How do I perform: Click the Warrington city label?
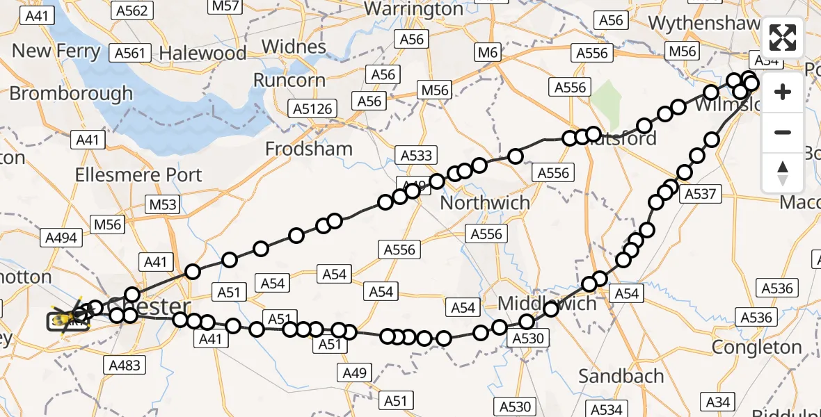coord(413,10)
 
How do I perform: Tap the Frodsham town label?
coord(309,149)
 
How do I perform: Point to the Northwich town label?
coord(485,203)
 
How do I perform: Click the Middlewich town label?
coord(548,303)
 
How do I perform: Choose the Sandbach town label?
coord(621,376)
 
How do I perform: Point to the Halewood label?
coord(202,53)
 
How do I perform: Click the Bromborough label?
coord(71,93)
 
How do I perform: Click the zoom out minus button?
coord(783,132)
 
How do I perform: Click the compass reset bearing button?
coord(783,172)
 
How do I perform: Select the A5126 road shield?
coord(312,108)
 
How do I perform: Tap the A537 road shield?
coord(700,194)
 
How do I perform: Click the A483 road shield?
coord(125,365)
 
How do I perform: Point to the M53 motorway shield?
coord(162,204)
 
